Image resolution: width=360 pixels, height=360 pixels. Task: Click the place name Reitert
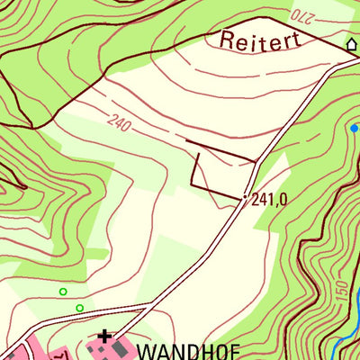[x=257, y=41]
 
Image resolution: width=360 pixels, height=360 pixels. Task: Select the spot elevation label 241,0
[x=270, y=201]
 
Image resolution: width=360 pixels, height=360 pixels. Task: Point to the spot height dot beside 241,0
[x=245, y=196]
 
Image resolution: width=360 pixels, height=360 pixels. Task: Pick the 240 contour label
[x=119, y=125]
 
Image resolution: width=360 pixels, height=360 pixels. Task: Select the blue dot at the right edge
[x=354, y=129]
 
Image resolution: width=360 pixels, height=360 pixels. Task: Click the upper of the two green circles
[x=63, y=292]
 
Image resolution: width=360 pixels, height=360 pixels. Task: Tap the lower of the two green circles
[x=79, y=309]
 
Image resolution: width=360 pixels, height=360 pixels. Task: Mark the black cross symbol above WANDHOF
[x=105, y=337]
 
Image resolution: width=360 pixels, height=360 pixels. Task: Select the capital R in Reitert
[x=226, y=40]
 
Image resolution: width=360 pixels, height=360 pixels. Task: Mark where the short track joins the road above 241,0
[x=256, y=162]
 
